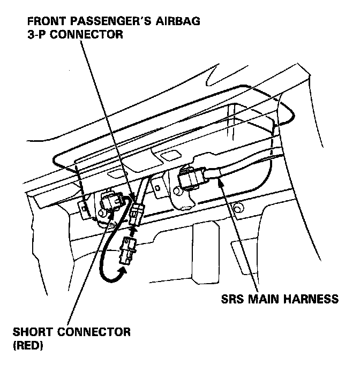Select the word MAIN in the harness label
click(267, 299)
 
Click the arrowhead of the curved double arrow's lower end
click(123, 271)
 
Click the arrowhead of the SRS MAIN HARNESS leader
click(220, 181)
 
